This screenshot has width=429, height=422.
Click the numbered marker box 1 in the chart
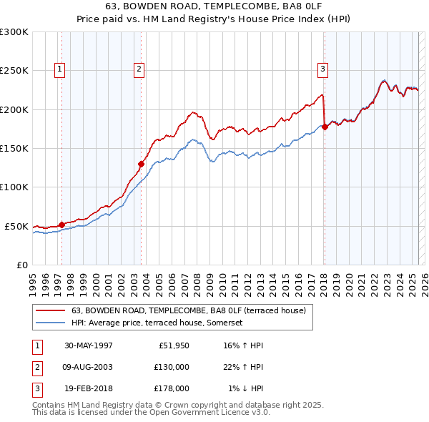[x=59, y=69]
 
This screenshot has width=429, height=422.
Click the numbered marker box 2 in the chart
[x=138, y=69]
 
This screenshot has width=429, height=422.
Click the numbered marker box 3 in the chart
[x=322, y=69]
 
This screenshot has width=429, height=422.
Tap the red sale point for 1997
[x=61, y=224]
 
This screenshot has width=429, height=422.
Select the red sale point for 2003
[x=141, y=164]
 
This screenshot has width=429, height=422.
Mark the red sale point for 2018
[x=325, y=127]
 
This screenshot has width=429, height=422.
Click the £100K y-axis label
[x=14, y=187]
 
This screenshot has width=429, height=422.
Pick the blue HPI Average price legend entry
[x=157, y=323]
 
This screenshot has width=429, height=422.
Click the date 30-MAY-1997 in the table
[x=88, y=345]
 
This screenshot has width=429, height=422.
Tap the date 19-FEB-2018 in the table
[x=88, y=388]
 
